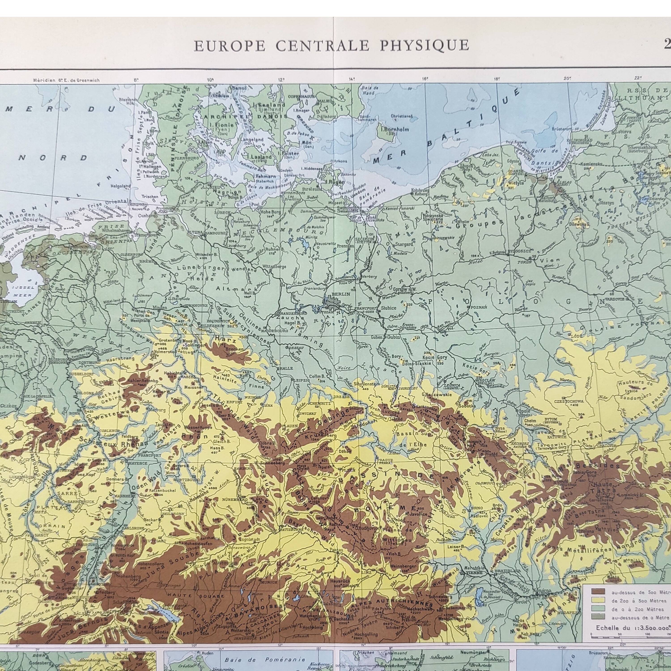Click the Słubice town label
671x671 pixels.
(x=389, y=308)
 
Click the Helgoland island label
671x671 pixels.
(x=121, y=186)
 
